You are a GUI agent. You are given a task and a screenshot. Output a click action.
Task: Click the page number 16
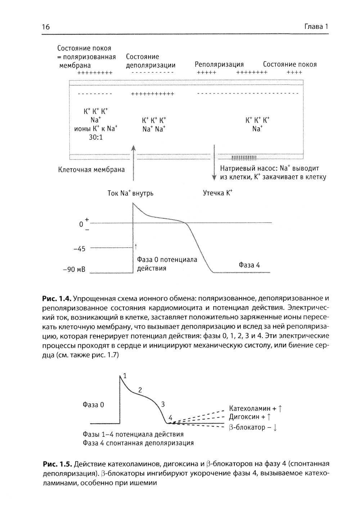[x=45, y=27]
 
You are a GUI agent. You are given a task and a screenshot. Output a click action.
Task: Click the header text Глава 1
[x=316, y=27]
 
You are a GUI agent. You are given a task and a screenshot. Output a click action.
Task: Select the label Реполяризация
[x=219, y=64]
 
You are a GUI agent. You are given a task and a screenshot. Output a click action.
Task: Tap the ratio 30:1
[x=96, y=137]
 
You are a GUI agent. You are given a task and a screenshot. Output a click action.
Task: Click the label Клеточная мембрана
[x=91, y=170]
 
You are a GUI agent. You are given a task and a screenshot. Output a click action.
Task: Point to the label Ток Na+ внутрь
[x=130, y=193]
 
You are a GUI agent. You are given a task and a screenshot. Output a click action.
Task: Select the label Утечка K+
[x=218, y=193]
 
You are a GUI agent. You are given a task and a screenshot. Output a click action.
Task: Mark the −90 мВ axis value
[x=74, y=270]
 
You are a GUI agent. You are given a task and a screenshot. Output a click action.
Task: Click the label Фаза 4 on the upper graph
[x=249, y=265]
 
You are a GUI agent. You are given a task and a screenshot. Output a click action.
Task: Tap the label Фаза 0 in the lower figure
[x=93, y=405]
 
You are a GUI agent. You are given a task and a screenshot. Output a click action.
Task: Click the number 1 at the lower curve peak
[x=125, y=376]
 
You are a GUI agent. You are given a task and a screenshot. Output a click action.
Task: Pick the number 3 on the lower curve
[x=163, y=404]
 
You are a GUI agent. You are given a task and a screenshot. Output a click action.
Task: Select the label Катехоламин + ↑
[x=255, y=409]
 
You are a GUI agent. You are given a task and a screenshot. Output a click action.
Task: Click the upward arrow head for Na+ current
[x=133, y=148]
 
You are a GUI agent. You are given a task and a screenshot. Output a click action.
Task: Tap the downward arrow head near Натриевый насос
[x=214, y=177]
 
